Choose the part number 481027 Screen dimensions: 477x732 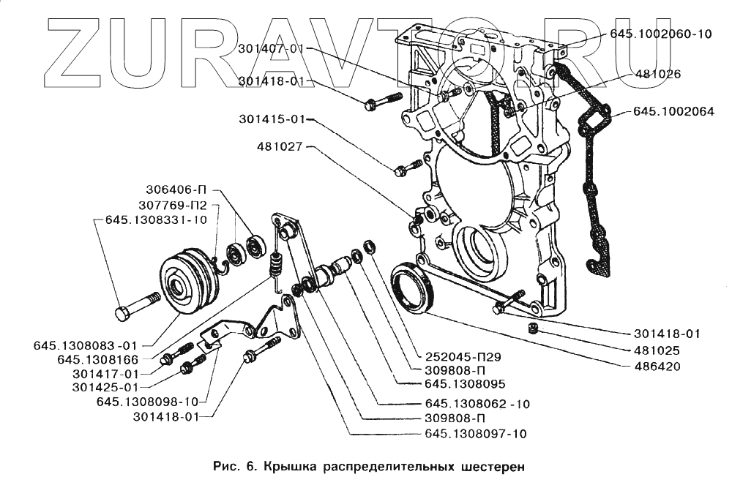point(280,146)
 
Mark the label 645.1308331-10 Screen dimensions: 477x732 point(156,219)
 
